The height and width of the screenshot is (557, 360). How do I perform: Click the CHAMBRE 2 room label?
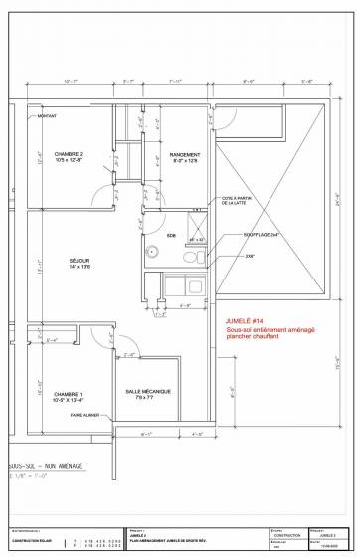pyautogui.click(x=69, y=154)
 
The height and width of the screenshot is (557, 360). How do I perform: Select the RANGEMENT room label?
pyautogui.click(x=185, y=154)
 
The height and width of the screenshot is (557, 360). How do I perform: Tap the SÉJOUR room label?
pyautogui.click(x=67, y=261)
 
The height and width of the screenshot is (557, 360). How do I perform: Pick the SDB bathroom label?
pyautogui.click(x=171, y=236)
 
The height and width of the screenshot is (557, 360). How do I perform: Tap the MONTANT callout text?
pyautogui.click(x=48, y=117)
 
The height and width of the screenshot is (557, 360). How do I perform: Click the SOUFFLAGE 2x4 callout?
pyautogui.click(x=260, y=235)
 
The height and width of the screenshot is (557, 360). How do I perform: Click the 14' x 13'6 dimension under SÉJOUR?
pyautogui.click(x=67, y=268)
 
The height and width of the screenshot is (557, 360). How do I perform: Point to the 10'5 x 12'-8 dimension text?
pyautogui.click(x=69, y=161)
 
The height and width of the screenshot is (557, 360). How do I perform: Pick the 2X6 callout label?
pyautogui.click(x=250, y=256)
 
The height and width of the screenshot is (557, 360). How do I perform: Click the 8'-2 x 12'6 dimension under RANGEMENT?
pyautogui.click(x=185, y=161)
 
